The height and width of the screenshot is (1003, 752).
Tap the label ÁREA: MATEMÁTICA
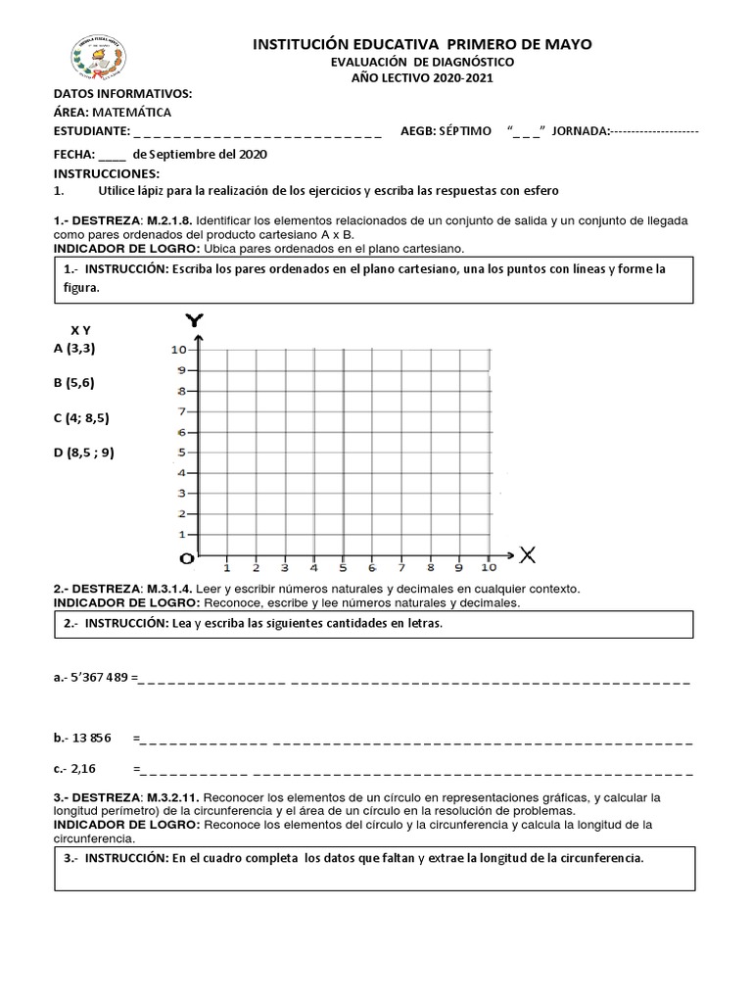[112, 112]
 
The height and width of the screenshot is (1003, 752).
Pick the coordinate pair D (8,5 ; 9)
[84, 452]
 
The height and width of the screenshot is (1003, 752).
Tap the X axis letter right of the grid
[528, 555]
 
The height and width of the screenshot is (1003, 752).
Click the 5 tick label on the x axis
[343, 567]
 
